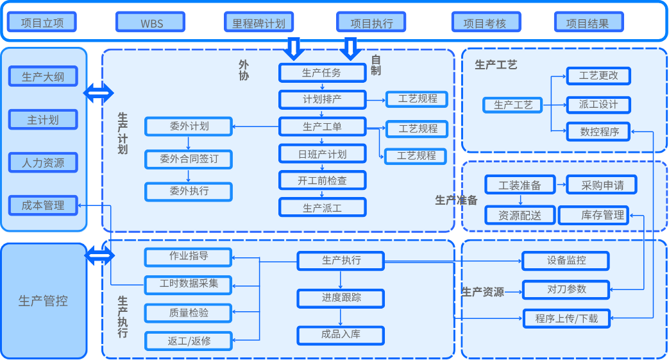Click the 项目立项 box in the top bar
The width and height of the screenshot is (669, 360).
42,22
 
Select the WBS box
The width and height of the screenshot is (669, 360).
151,22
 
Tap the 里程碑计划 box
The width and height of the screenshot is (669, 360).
258,22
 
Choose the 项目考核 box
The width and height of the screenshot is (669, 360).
484,22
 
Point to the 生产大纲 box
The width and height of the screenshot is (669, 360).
43,77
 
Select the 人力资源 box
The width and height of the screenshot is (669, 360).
43,162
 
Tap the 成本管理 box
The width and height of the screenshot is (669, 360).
43,205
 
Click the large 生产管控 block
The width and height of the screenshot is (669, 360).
43,300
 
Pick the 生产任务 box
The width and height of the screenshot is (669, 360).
322,73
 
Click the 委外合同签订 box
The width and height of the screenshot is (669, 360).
189,159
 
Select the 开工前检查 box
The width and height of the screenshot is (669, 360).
322,180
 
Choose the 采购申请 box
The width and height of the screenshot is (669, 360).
602,185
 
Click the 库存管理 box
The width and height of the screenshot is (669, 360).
594,215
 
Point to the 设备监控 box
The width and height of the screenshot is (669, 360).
566,261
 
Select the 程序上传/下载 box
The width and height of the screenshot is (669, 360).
566,318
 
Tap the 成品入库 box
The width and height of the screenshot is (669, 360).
341,334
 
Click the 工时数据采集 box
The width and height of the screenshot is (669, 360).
189,283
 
